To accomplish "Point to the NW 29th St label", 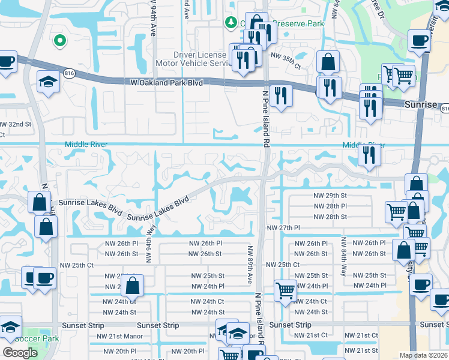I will pos(330,196).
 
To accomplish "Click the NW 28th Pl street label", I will pos(330,206).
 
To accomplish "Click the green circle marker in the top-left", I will pos(59,41).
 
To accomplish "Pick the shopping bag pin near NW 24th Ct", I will pos(133,287).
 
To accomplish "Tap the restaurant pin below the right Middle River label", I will pos(367,155).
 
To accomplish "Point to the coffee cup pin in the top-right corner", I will pos(419,41).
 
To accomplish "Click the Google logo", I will pos(20,353).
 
